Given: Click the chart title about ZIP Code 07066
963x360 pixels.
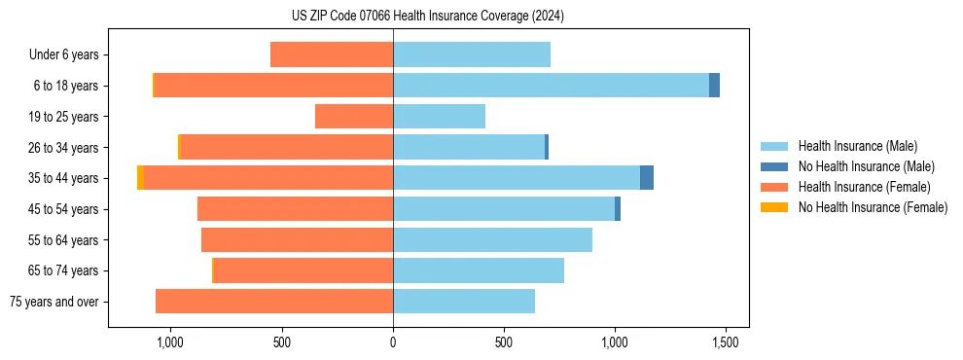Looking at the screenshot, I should coord(427,17).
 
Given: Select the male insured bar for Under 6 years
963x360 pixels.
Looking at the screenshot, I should coord(472,54).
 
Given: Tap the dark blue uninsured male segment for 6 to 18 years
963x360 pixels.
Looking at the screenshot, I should coord(714,86).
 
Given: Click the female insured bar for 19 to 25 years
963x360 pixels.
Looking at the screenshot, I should coord(354,117).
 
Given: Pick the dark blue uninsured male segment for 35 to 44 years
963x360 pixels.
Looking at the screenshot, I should coord(647,178).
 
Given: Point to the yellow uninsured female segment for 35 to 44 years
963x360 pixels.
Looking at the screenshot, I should coord(141,178).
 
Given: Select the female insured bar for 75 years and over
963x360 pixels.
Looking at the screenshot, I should coord(274,302).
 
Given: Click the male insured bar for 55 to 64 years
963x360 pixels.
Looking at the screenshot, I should coord(492,239).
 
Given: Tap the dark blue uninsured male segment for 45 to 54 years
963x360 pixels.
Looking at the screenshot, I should coord(618,209).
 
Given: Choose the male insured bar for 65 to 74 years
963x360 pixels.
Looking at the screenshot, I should coord(479,270).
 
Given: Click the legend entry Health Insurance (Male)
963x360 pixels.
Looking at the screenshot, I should coord(857,146).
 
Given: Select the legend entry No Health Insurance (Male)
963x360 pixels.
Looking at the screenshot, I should coord(866,166).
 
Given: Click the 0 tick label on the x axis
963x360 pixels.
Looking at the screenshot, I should coord(393,342).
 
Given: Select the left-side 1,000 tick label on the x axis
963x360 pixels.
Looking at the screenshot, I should coord(170,342).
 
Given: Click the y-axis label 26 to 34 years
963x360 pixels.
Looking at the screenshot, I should coord(64,148).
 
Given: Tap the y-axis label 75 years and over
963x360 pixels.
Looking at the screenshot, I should coord(54,302).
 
